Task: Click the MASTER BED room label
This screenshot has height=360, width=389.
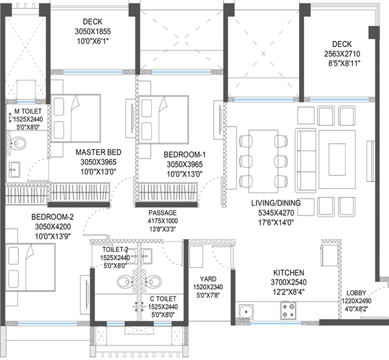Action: coord(98,152)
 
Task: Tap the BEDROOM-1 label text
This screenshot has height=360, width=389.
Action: coord(184,155)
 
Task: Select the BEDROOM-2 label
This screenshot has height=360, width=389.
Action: coord(53,217)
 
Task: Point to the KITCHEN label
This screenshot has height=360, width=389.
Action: coord(288,273)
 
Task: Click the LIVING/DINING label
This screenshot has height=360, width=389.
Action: coord(276,203)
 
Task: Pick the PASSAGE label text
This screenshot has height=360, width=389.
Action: coord(162,213)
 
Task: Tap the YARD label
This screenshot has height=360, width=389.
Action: coord(208,279)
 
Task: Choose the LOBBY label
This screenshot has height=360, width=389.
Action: coord(356,293)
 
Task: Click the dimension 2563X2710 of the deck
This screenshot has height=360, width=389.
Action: coord(342,54)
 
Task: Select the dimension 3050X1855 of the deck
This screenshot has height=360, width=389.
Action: coord(93,31)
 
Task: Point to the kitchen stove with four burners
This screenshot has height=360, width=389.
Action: coord(288,310)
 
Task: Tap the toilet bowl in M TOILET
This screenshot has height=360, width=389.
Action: coord(18,143)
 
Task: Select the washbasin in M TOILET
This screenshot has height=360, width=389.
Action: coord(15,169)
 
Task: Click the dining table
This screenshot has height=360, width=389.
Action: coord(264,161)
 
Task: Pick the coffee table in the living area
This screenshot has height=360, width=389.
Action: coord(337,159)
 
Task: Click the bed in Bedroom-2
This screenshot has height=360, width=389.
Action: coord(30,267)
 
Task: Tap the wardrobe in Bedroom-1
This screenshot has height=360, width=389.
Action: coord(168,192)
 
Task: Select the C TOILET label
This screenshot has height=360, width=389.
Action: coord(163,299)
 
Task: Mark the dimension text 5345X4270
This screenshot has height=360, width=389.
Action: coord(276,213)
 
